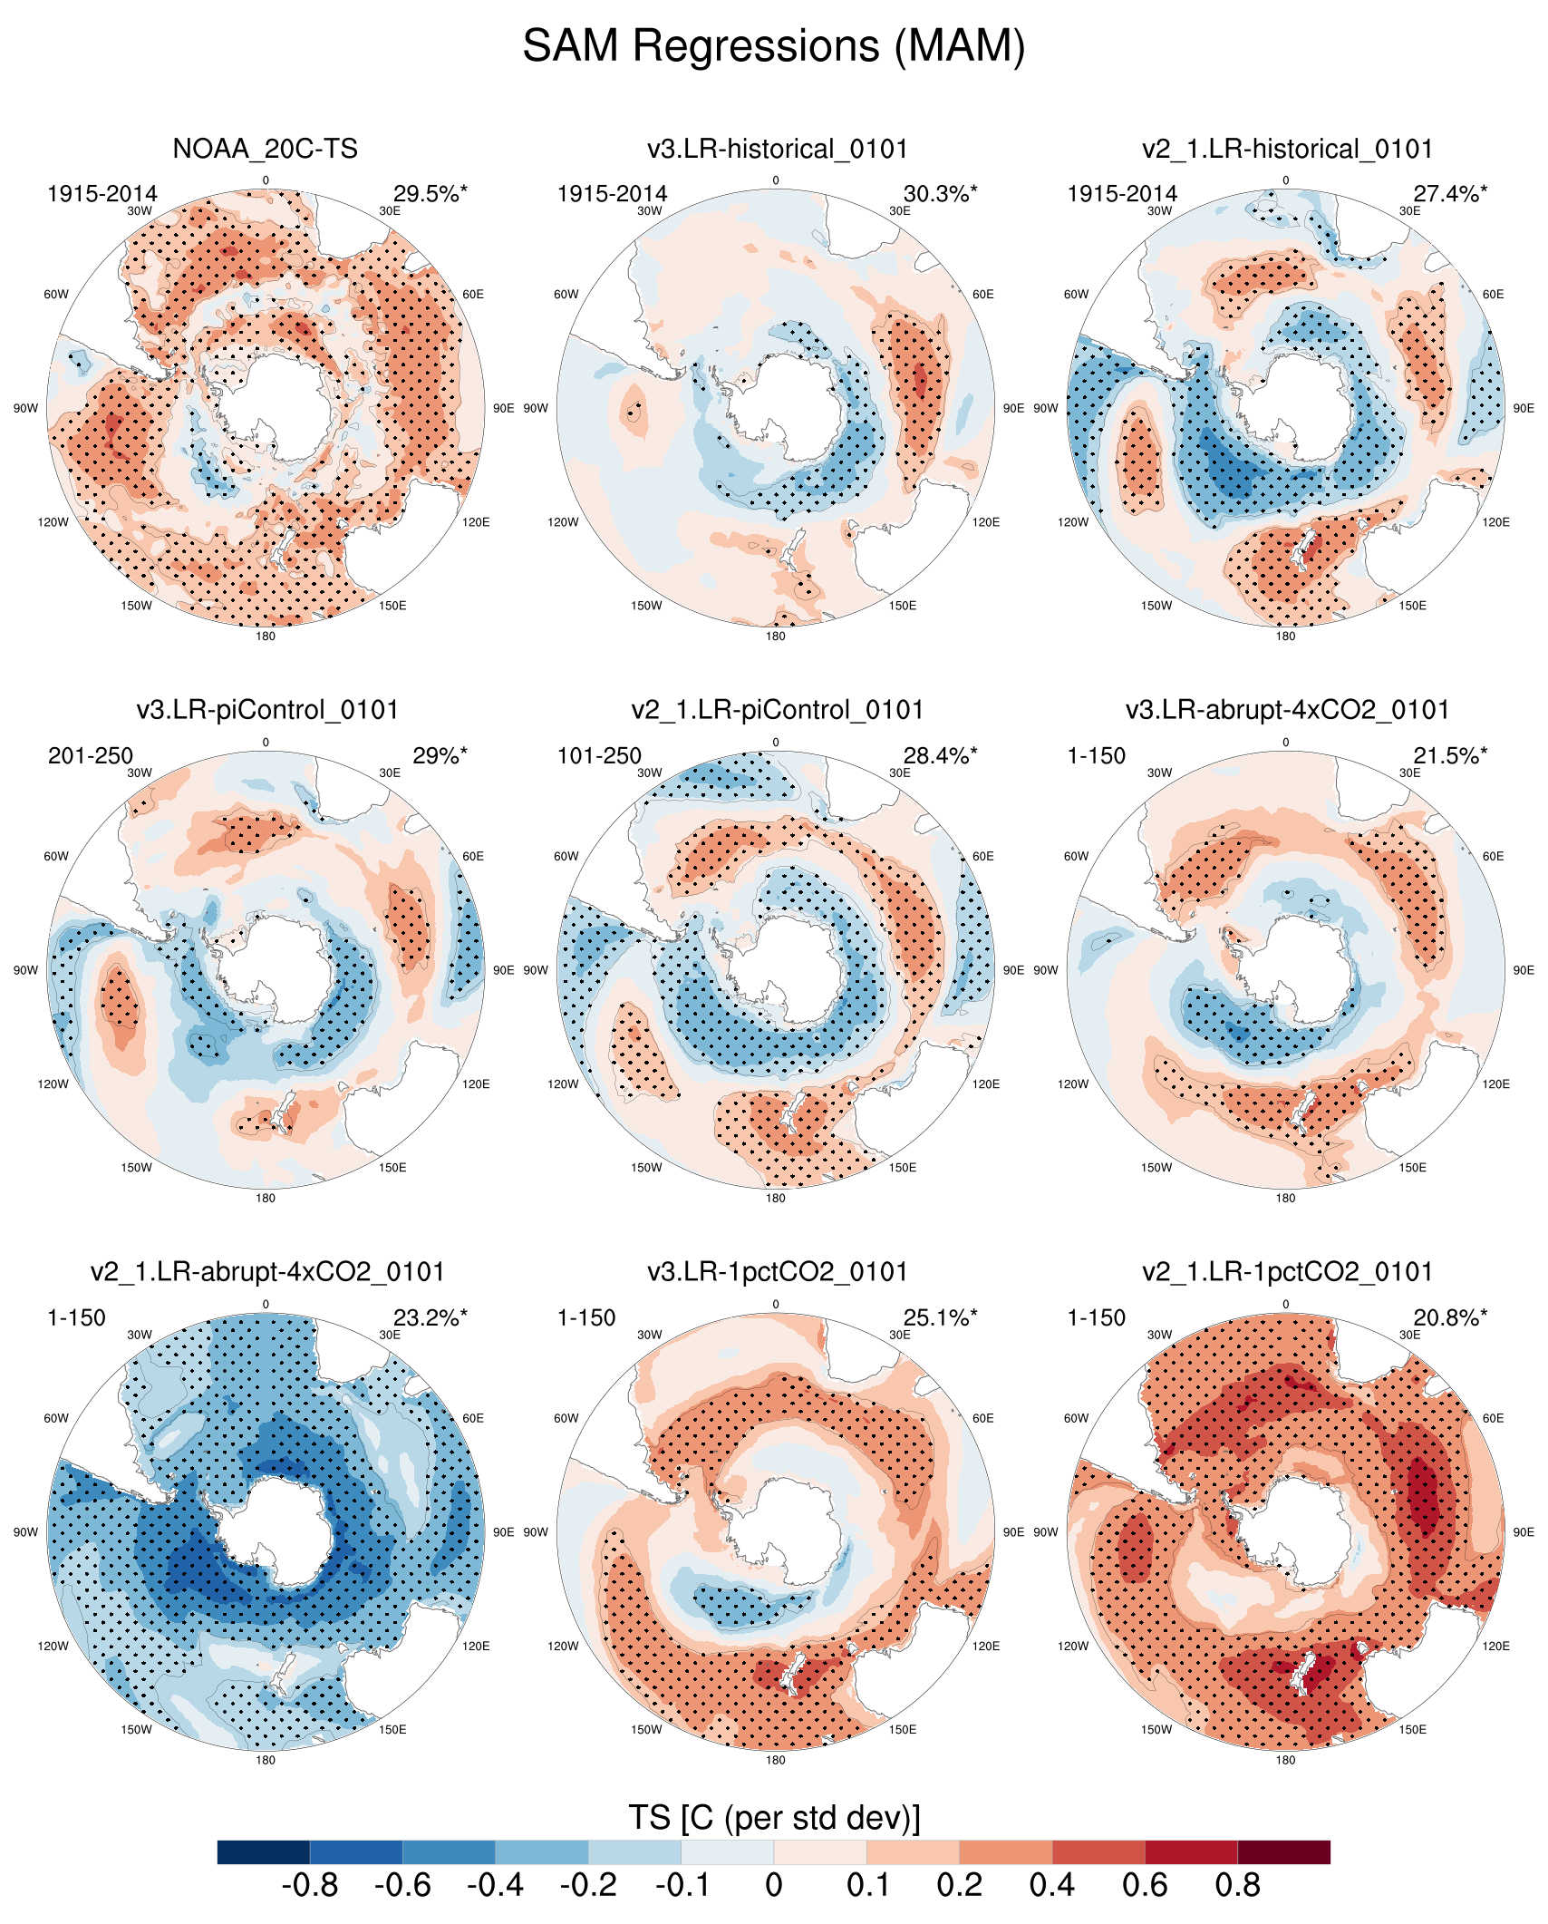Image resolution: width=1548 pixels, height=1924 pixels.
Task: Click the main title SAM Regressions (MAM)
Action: (x=773, y=45)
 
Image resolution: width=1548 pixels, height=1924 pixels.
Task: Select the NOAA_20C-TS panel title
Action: (x=265, y=149)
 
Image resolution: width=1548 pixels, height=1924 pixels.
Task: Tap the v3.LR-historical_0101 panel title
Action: (x=777, y=149)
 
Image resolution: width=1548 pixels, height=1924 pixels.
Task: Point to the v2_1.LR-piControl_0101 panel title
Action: (x=777, y=710)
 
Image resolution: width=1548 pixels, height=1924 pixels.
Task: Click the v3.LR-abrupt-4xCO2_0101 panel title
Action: (x=1287, y=710)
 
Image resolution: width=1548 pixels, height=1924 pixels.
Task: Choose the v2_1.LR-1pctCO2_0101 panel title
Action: (x=1287, y=1271)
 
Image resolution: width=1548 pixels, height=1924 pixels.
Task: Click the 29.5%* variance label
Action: (x=430, y=194)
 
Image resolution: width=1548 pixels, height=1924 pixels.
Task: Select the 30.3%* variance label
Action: (x=940, y=194)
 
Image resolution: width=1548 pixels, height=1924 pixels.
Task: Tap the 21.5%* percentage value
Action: (x=1450, y=756)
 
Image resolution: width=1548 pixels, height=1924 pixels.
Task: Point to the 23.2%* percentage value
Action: (x=430, y=1317)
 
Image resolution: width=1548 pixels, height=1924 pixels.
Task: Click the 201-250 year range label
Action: (x=91, y=756)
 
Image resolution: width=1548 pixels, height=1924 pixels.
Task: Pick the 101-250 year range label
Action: (x=599, y=756)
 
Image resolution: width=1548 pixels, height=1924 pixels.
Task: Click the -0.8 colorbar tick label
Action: (x=310, y=1886)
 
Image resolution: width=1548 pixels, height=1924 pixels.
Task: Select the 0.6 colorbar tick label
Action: (x=1145, y=1886)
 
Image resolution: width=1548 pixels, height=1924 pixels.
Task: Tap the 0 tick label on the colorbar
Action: (x=773, y=1886)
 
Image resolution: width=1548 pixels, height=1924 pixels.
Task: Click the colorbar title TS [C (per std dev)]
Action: (x=774, y=1818)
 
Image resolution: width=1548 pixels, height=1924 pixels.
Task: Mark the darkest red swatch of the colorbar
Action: (x=1283, y=1851)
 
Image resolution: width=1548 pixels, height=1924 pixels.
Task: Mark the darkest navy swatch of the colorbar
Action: (x=264, y=1851)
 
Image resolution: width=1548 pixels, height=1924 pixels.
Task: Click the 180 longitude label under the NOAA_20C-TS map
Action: (x=266, y=636)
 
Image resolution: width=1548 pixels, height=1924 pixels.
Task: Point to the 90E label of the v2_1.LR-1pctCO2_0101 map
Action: (x=1524, y=1532)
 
